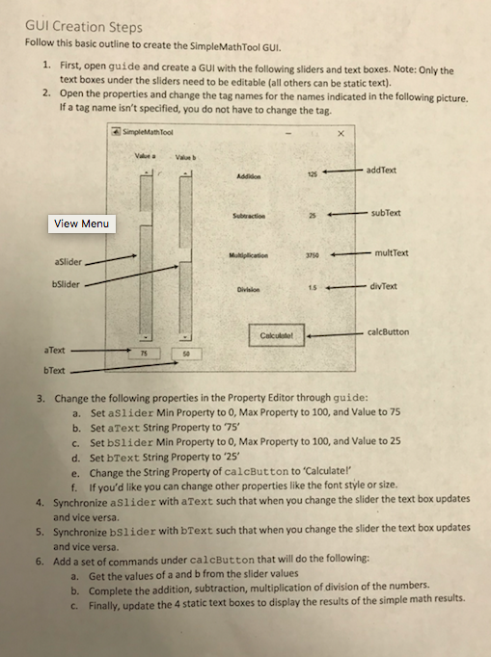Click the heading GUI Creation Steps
click(x=84, y=27)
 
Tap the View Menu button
click(x=81, y=223)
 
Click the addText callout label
click(x=381, y=171)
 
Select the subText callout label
click(x=386, y=213)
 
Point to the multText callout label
click(x=391, y=253)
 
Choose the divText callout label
click(x=383, y=287)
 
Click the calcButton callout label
click(x=388, y=332)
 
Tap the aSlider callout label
click(x=68, y=262)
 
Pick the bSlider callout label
click(x=66, y=284)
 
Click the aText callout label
click(x=55, y=351)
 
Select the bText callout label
click(x=54, y=371)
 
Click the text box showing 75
click(x=144, y=354)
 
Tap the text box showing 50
click(x=186, y=355)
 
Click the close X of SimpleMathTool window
click(x=341, y=134)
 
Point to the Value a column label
click(x=145, y=156)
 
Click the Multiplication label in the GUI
click(x=249, y=255)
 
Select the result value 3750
click(x=312, y=255)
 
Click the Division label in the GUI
click(x=248, y=290)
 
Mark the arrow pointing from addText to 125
click(x=342, y=171)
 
